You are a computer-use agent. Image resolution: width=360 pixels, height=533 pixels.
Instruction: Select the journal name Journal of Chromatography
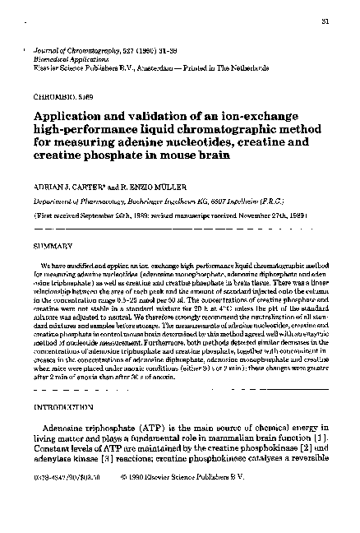pos(77,40)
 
